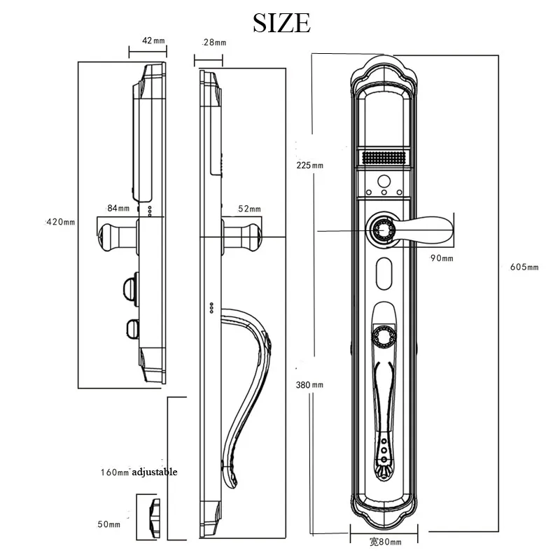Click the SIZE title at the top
tap(281, 22)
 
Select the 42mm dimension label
tap(153, 41)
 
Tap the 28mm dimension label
tap(213, 43)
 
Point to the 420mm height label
tap(60, 222)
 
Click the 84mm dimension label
tap(118, 209)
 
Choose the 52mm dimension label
tap(249, 209)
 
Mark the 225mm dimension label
tap(309, 165)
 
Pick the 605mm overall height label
tap(524, 267)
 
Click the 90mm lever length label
tap(442, 259)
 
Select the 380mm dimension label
tap(309, 385)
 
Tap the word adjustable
tap(154, 472)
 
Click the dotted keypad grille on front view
tap(384, 158)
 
